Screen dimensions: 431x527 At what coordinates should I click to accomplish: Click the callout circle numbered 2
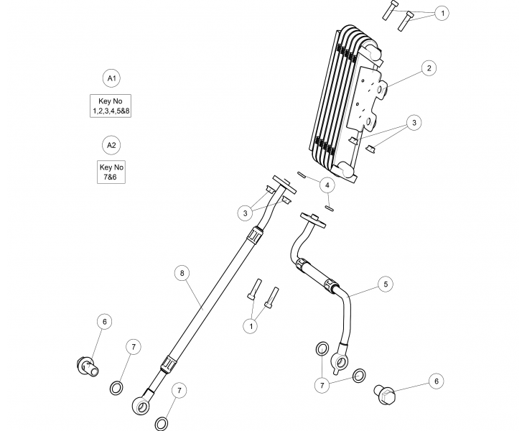click(428, 69)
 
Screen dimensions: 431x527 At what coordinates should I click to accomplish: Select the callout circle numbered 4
click(327, 185)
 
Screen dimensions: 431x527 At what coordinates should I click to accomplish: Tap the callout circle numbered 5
click(386, 285)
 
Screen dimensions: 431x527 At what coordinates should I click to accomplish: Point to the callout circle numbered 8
click(182, 273)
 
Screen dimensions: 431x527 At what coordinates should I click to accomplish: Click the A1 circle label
click(111, 77)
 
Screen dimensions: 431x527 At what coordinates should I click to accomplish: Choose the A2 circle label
click(111, 146)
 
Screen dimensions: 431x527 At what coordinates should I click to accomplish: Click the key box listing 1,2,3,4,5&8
click(111, 106)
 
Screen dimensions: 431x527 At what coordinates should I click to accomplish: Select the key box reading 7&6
click(111, 172)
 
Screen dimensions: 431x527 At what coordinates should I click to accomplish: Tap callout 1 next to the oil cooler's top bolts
click(443, 13)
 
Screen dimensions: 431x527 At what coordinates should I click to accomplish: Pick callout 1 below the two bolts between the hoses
click(251, 327)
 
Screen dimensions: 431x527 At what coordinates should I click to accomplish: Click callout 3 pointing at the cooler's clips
click(414, 124)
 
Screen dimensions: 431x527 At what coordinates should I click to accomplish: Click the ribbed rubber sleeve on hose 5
click(317, 274)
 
